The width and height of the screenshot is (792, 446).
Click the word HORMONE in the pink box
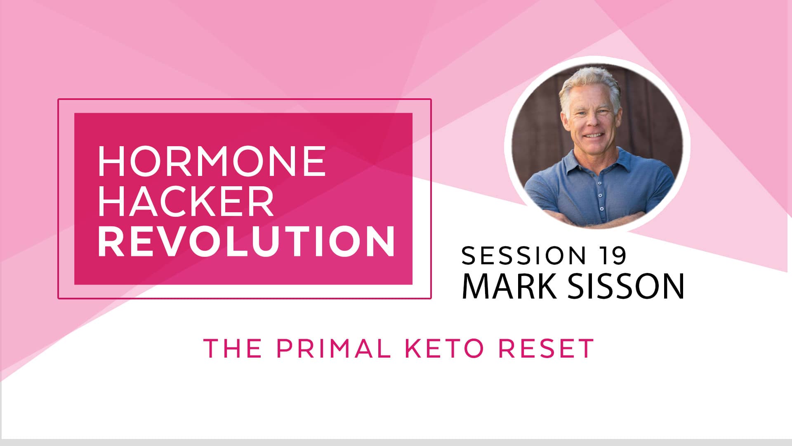pyautogui.click(x=212, y=161)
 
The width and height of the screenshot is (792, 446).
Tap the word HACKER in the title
pyautogui.click(x=186, y=202)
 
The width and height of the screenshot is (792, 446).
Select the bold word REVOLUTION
pyautogui.click(x=246, y=242)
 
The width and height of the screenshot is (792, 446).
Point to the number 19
pyautogui.click(x=613, y=256)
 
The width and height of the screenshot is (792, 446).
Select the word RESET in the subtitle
pyautogui.click(x=546, y=348)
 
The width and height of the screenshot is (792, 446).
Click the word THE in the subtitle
pyautogui.click(x=233, y=348)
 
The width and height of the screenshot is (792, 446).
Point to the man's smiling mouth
pyautogui.click(x=593, y=135)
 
